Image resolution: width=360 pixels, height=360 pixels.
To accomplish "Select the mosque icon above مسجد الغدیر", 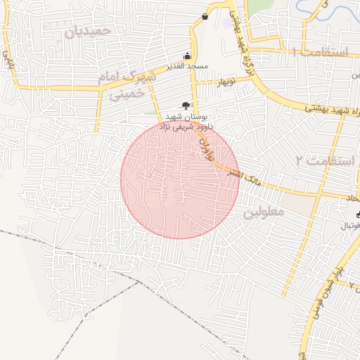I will point(187,56).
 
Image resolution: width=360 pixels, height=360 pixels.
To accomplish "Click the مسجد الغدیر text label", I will point(187,66).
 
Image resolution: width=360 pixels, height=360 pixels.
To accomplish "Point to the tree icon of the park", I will point(186,105).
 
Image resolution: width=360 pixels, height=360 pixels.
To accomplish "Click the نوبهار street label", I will point(226,82).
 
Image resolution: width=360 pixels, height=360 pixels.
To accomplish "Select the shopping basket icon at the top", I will point(205,16).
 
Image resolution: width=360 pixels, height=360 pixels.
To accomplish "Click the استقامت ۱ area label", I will point(321,53).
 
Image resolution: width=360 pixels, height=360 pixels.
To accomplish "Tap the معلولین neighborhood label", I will point(264,211).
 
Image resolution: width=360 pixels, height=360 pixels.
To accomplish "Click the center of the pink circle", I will point(179,179).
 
